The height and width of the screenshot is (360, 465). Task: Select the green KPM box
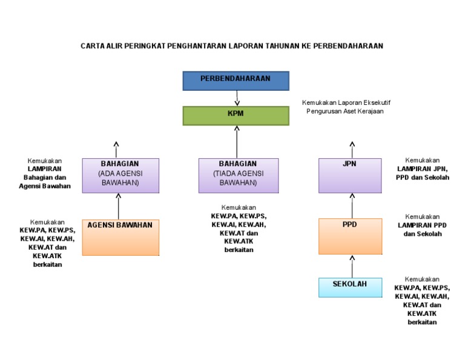236,115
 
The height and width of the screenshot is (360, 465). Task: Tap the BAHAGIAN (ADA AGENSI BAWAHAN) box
120,175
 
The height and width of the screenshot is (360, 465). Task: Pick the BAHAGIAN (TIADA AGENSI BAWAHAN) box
239,175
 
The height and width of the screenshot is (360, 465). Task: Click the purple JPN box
350,175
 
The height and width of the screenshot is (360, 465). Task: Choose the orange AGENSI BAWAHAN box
120,237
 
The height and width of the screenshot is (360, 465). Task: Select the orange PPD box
350,236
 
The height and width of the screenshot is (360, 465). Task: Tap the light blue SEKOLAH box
350,287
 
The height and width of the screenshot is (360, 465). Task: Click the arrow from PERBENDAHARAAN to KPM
237,98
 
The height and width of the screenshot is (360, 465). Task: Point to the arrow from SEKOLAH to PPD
352,266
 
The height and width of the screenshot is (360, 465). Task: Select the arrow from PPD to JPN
352,205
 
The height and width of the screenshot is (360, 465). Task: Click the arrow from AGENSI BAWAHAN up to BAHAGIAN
119,206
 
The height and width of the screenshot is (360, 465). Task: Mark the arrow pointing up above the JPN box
352,149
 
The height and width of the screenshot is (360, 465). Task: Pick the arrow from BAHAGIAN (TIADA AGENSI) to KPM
237,142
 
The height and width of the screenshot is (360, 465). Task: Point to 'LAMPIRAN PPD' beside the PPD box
422,225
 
